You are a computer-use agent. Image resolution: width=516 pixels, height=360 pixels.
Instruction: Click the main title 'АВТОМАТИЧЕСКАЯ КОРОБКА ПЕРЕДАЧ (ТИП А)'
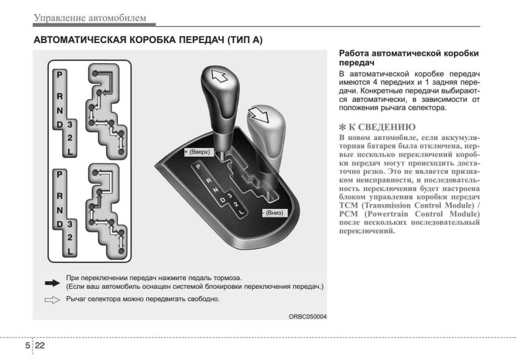(x=147, y=41)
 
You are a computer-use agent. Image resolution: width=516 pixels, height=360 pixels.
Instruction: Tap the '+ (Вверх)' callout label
(x=197, y=151)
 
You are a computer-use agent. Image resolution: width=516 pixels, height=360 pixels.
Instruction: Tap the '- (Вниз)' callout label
(x=273, y=212)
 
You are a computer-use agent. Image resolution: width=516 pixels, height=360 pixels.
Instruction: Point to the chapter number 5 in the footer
(x=28, y=345)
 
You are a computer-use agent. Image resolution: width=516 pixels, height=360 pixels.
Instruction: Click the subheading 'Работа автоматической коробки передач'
(x=408, y=58)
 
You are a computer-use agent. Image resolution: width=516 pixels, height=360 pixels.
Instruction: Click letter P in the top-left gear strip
(x=60, y=74)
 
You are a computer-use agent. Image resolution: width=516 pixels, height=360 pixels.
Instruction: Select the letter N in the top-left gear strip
(x=60, y=111)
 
